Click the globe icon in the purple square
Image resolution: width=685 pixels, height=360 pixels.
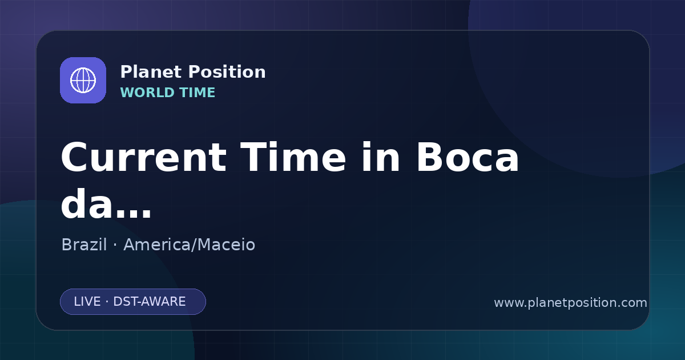(x=83, y=80)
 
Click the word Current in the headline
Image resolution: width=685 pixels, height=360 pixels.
(x=144, y=157)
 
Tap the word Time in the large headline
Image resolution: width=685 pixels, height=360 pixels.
(x=293, y=157)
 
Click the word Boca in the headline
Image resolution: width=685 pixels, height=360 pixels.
(x=468, y=157)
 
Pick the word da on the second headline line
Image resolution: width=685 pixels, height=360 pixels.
(x=88, y=203)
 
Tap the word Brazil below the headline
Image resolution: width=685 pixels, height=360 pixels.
(x=84, y=245)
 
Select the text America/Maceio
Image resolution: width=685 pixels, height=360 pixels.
(x=190, y=245)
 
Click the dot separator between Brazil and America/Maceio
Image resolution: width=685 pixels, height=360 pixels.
(x=115, y=245)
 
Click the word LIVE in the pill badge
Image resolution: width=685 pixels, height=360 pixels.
(x=87, y=302)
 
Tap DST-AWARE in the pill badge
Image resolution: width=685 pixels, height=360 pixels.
(x=149, y=302)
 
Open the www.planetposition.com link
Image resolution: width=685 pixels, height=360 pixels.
(x=571, y=303)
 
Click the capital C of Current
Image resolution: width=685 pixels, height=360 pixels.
(x=74, y=157)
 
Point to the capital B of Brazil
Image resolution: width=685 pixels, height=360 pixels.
(x=67, y=245)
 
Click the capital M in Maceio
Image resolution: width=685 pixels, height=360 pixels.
(x=204, y=245)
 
